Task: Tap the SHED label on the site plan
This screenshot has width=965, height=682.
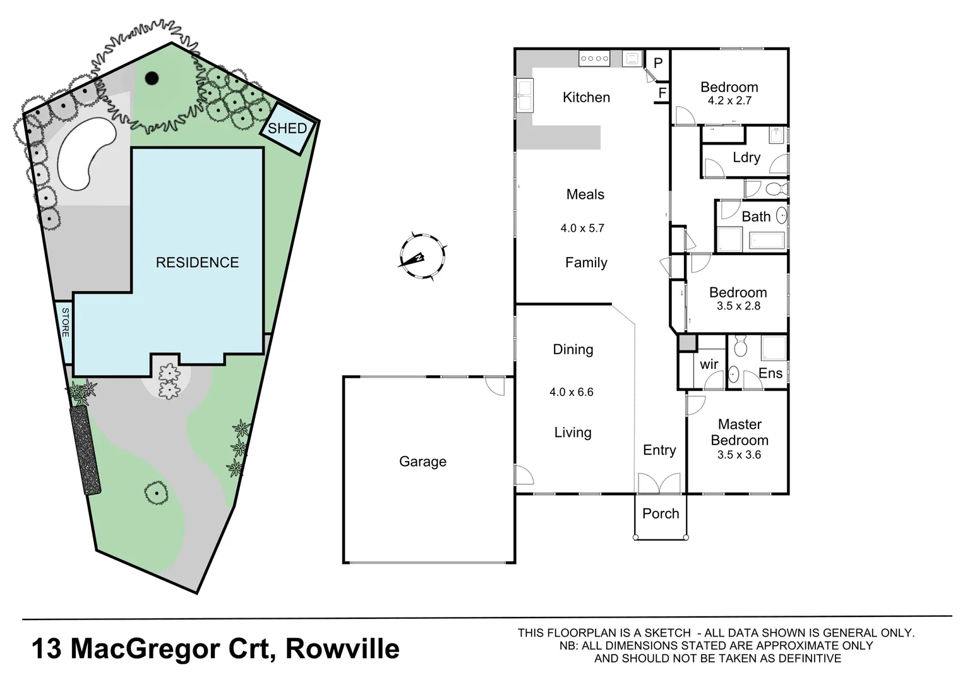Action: pos(287,128)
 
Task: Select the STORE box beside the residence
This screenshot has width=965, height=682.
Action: pos(65,321)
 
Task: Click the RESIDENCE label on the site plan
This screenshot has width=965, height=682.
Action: pos(197,263)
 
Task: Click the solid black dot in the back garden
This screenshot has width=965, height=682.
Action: pos(152,78)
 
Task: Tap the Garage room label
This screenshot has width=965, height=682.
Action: pos(423,462)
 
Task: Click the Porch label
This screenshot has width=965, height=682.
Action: pos(661,513)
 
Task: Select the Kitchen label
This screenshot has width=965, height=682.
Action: pos(586,97)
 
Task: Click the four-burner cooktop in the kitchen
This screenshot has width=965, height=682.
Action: pos(594,59)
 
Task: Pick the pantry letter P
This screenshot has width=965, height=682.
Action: pos(658,63)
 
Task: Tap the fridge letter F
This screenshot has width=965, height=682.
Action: pos(662,93)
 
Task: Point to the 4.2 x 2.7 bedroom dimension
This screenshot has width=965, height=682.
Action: pos(729,100)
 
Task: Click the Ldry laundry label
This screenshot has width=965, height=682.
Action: pos(746,157)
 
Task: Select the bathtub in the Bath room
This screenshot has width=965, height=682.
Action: pos(767,241)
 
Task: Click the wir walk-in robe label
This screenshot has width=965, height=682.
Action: pos(709,364)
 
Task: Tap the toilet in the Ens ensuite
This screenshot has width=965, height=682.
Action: pos(741,347)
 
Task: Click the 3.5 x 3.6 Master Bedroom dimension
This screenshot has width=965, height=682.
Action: pos(739,455)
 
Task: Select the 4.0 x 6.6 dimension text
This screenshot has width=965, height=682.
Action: pos(572,392)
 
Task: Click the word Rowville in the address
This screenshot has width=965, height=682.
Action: pos(342,649)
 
